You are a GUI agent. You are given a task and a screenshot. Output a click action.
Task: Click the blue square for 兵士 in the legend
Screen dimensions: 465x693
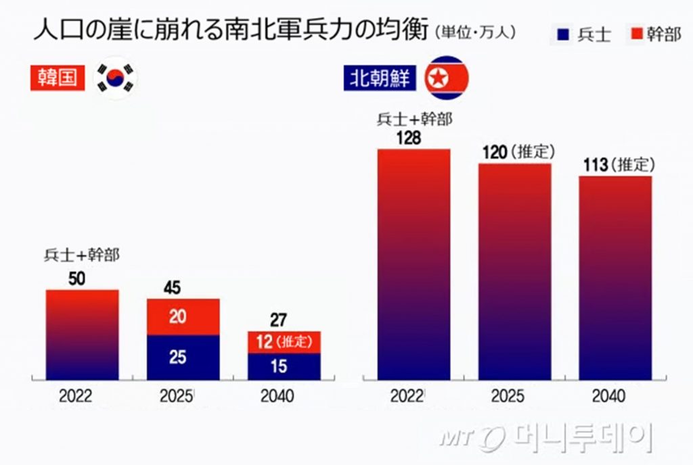pyautogui.click(x=562, y=33)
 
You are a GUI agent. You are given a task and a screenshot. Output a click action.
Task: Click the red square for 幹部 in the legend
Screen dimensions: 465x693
pyautogui.click(x=635, y=33)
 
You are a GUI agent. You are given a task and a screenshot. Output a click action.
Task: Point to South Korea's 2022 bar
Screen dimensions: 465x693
pyautogui.click(x=83, y=335)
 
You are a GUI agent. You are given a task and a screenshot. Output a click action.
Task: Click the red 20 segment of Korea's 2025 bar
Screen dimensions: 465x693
pyautogui.click(x=183, y=316)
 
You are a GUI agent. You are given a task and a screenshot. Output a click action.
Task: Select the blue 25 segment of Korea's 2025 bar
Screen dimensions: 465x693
pyautogui.click(x=183, y=357)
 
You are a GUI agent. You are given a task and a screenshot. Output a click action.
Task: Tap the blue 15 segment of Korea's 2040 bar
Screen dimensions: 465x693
pyautogui.click(x=284, y=366)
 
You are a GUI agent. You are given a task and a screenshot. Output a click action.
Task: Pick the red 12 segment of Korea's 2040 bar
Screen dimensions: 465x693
pyautogui.click(x=284, y=342)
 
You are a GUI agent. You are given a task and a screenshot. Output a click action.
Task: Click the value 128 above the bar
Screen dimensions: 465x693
pyautogui.click(x=409, y=139)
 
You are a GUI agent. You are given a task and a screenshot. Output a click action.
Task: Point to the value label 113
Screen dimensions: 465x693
pyautogui.click(x=595, y=166)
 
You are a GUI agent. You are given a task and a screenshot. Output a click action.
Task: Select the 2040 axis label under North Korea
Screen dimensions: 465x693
pyautogui.click(x=609, y=397)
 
